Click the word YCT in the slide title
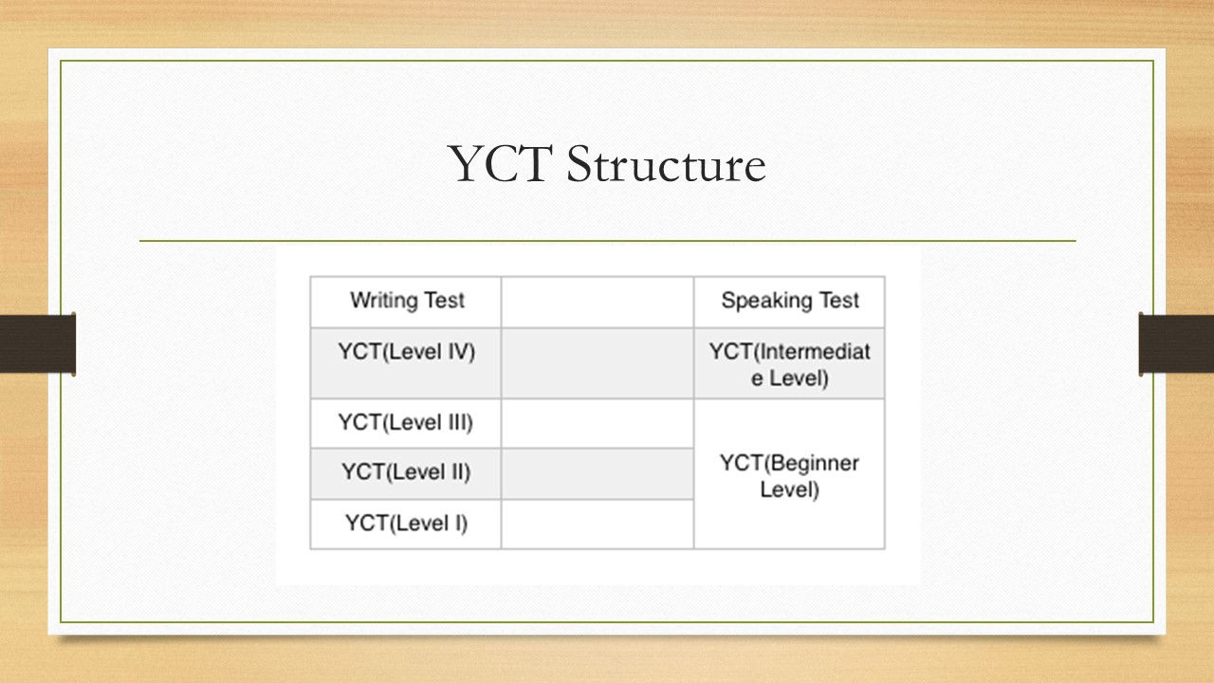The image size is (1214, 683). [x=500, y=164]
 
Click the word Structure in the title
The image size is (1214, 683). [x=666, y=164]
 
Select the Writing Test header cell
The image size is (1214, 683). [x=406, y=302]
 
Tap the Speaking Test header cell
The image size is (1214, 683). [x=789, y=302]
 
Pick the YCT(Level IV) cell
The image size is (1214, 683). [x=406, y=363]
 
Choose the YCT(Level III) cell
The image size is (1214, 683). [x=406, y=423]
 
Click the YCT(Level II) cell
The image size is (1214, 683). [x=406, y=473]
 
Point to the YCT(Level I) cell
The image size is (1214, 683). [x=406, y=525]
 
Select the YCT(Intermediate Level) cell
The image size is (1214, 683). [x=789, y=363]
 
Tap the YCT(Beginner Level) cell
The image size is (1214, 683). [x=789, y=473]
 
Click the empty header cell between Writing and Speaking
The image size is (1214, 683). [x=598, y=302]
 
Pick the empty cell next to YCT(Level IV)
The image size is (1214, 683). [x=598, y=363]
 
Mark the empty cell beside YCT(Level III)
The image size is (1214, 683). [x=598, y=423]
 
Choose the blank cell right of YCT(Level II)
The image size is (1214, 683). [x=598, y=473]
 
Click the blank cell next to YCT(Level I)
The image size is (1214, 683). [x=598, y=525]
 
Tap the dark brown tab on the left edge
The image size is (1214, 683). [x=37, y=343]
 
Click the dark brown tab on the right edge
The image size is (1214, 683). [x=1176, y=343]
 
